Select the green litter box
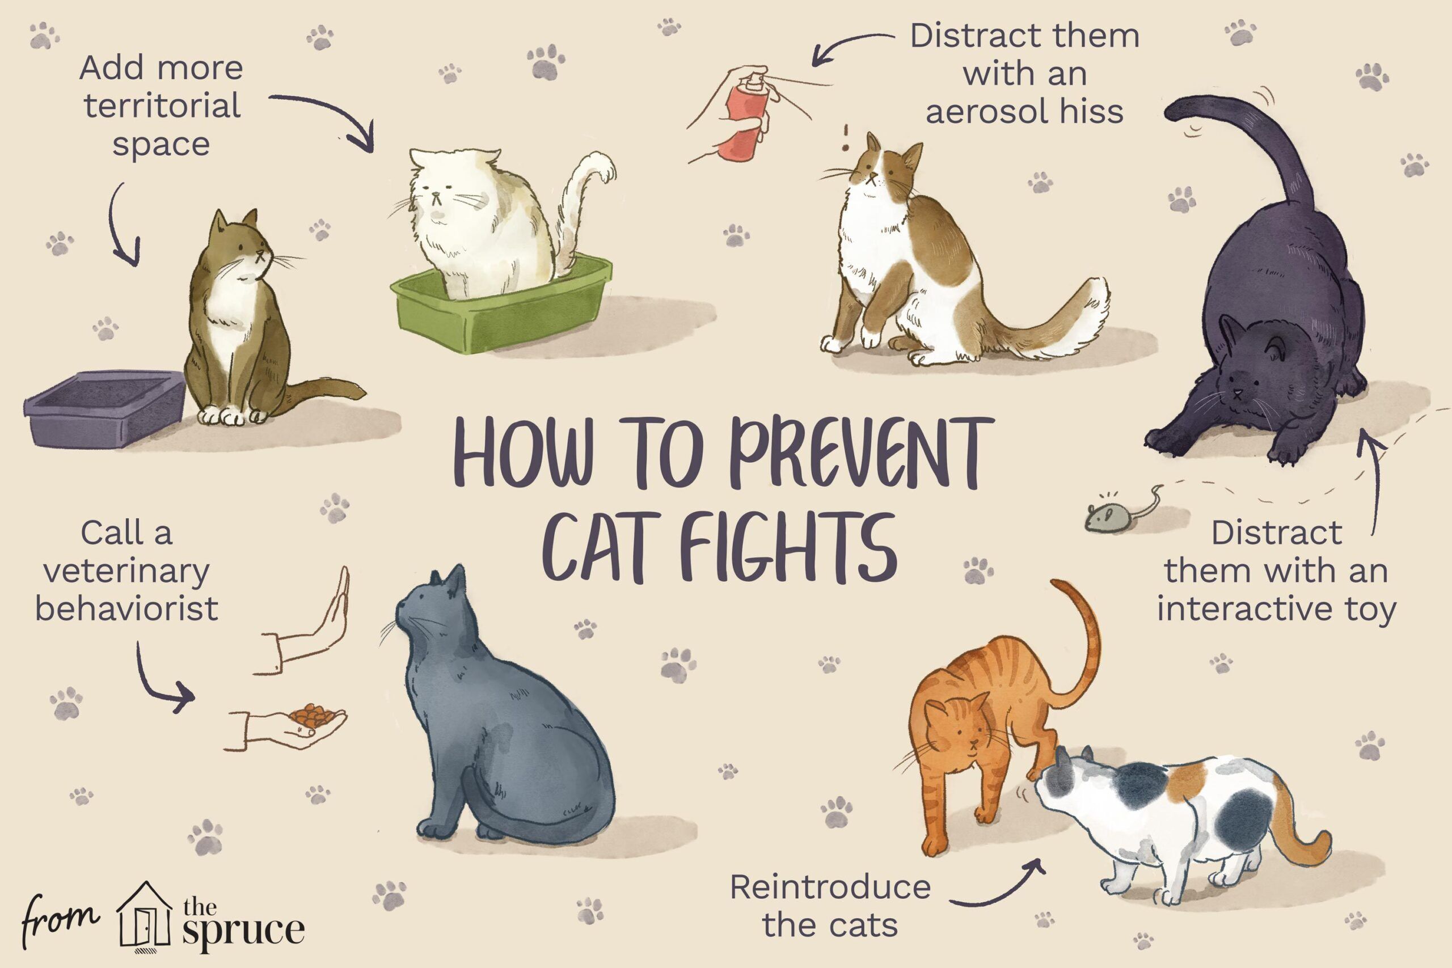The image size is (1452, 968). click(x=501, y=305)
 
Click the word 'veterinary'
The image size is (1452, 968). click(x=126, y=572)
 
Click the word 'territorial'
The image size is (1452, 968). click(x=162, y=105)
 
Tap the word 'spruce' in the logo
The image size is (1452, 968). click(x=243, y=932)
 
